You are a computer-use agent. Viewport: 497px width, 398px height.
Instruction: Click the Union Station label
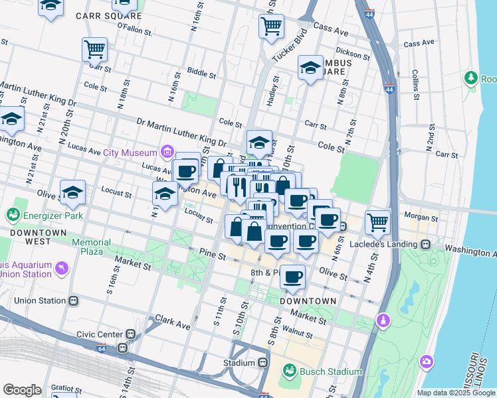(40, 300)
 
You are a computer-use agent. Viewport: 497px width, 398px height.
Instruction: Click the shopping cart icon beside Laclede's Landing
(377, 222)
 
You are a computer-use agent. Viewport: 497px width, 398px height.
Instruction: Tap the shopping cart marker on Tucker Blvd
(271, 27)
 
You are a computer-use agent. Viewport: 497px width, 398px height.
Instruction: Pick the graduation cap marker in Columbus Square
(310, 68)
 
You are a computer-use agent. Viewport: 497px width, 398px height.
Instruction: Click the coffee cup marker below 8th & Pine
(292, 277)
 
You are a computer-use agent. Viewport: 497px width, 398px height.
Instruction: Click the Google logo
(22, 390)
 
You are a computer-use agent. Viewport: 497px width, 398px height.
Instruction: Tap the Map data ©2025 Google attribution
(455, 393)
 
